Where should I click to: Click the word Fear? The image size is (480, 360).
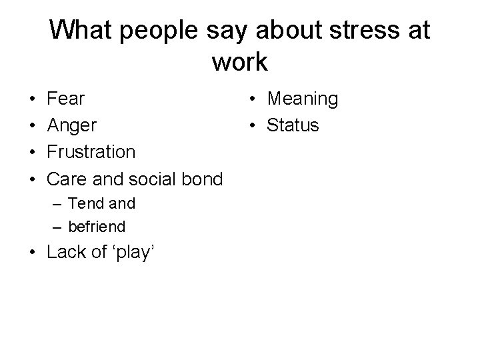tap(67, 99)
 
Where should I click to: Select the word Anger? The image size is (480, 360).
tap(72, 126)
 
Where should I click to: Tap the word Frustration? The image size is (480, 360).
tap(92, 152)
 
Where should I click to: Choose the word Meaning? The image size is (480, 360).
tap(303, 99)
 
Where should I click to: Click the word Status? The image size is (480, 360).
tap(293, 125)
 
